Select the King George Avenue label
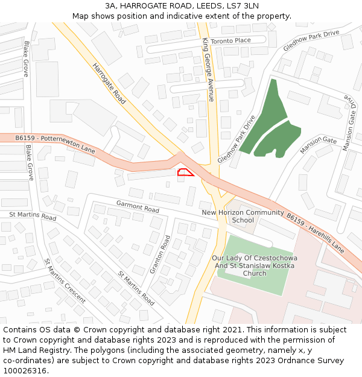[209, 69]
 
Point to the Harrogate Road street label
[109, 84]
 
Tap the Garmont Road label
[138, 206]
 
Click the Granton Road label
[160, 253]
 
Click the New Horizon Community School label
[243, 216]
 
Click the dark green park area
[268, 121]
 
